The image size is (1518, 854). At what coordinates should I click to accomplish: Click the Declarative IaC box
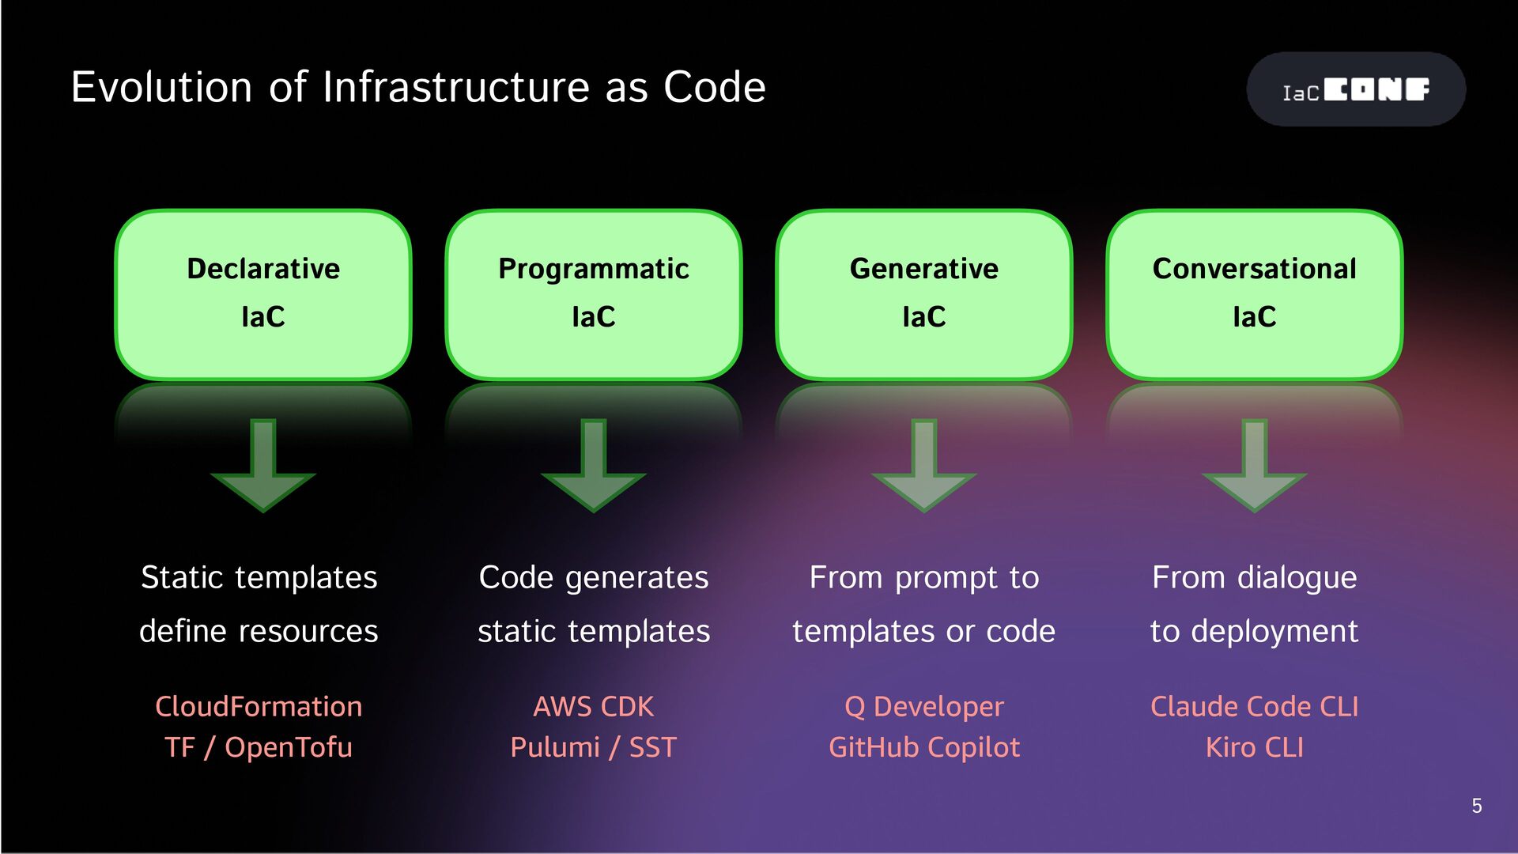click(263, 294)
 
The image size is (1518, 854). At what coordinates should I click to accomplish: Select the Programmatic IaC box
click(594, 294)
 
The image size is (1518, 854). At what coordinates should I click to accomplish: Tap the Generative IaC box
click(924, 294)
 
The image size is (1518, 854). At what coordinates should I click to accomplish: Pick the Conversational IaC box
click(1255, 294)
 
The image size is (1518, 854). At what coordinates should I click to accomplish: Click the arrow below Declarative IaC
click(263, 467)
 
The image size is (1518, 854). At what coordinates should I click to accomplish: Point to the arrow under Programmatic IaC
click(594, 467)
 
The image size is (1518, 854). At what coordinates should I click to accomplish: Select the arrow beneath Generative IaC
click(924, 467)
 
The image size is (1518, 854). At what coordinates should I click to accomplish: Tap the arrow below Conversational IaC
click(1255, 467)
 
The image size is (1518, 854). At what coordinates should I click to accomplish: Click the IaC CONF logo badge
click(1356, 89)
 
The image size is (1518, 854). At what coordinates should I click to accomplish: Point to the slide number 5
click(1476, 806)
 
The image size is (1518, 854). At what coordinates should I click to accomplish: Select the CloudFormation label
click(259, 706)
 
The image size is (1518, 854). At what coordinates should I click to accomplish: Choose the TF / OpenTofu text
click(259, 747)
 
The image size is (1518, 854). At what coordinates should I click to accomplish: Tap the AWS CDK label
click(594, 706)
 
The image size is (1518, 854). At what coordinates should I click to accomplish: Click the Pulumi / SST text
click(594, 747)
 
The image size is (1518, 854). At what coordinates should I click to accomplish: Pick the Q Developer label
click(924, 706)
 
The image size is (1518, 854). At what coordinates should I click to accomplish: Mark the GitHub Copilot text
click(924, 747)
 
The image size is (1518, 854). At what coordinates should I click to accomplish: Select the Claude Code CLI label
click(1255, 706)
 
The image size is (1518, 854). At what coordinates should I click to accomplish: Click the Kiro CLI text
click(1255, 747)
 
